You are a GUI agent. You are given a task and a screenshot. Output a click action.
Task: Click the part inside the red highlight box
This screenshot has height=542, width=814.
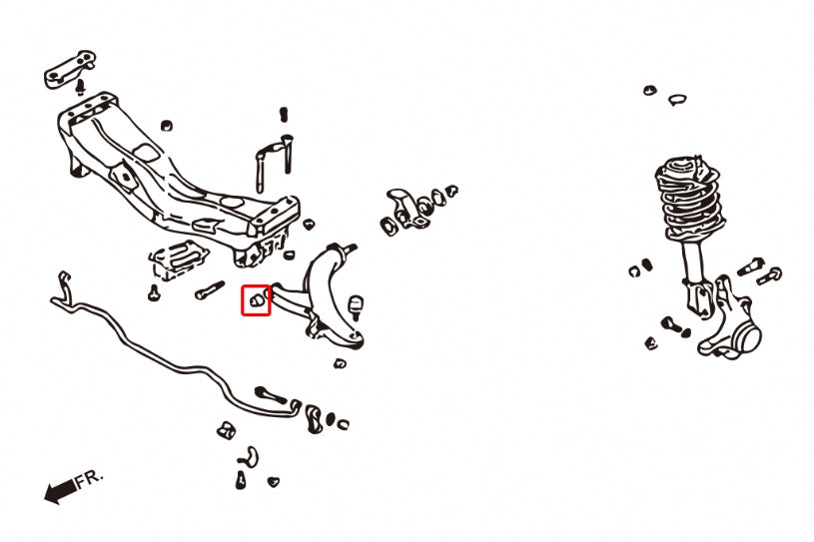[256, 299]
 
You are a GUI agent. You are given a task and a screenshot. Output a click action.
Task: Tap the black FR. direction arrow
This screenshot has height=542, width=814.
[60, 491]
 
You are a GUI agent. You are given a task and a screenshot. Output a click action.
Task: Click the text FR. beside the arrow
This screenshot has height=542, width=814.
[90, 479]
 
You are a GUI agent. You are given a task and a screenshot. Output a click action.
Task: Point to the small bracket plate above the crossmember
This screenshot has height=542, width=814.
[70, 69]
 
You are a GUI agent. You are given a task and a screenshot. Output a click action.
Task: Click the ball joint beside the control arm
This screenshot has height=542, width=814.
[357, 307]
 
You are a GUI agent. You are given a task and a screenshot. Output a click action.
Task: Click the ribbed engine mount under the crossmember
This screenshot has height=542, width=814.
[178, 260]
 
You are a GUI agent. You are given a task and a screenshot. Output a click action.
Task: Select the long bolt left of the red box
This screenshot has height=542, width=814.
[210, 289]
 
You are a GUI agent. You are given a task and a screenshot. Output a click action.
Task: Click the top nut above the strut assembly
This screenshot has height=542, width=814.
[649, 90]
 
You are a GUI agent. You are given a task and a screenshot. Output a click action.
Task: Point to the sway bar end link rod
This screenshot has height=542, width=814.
[270, 394]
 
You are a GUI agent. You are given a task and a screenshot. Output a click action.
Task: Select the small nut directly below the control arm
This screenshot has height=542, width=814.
[340, 363]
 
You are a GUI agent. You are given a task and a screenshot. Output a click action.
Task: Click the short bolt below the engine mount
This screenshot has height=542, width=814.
[154, 293]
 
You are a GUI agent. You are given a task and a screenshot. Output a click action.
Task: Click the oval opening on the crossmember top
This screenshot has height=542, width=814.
[232, 203]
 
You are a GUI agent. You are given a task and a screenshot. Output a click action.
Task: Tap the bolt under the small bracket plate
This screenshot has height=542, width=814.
[80, 87]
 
